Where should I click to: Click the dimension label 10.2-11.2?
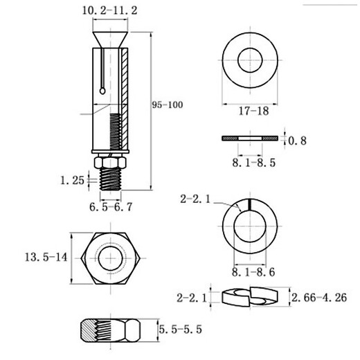[110, 10]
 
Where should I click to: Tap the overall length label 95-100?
[168, 105]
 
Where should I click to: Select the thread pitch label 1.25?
[72, 180]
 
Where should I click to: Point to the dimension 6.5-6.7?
[111, 207]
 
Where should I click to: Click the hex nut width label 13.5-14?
[46, 257]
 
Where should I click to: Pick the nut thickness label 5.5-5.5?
[181, 330]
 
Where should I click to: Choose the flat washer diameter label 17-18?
[253, 111]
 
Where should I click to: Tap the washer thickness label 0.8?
[298, 141]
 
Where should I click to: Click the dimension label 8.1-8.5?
[254, 163]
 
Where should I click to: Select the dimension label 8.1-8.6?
[253, 272]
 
